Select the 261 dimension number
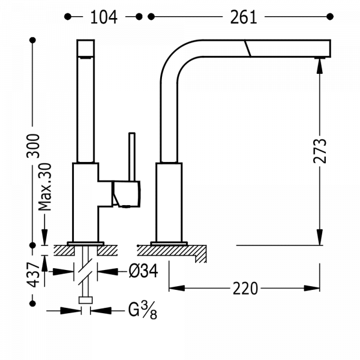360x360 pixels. pyautogui.click(x=242, y=17)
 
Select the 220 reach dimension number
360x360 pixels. pyautogui.click(x=245, y=289)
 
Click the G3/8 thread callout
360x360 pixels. pyautogui.click(x=142, y=310)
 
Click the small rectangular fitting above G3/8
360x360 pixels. pyautogui.click(x=86, y=301)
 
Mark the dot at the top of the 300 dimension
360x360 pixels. pyautogui.click(x=33, y=41)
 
